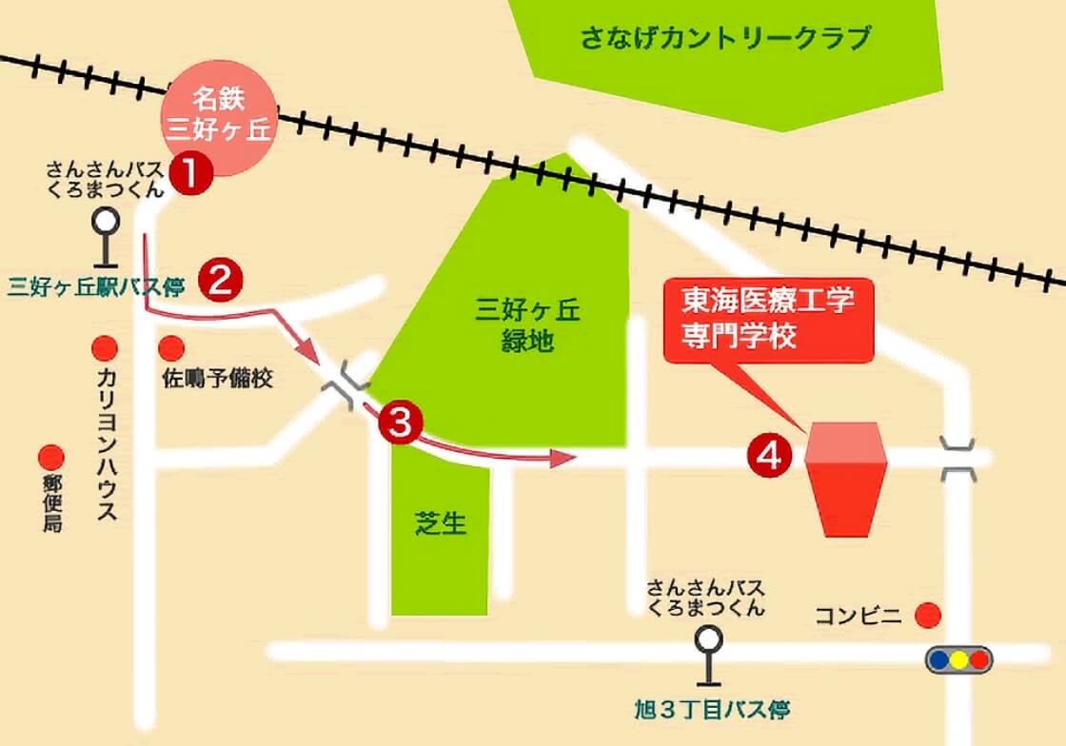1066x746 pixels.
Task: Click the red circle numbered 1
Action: pos(190,173)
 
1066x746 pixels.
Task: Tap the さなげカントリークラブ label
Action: pos(725,39)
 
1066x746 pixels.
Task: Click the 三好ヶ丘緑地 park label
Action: pos(527,325)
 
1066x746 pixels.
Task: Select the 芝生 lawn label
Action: pos(442,522)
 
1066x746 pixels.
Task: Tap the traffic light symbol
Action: pos(958,658)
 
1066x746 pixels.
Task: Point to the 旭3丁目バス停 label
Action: pos(712,710)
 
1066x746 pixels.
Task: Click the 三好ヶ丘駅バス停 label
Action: pos(98,283)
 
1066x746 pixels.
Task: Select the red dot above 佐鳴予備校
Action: pos(172,348)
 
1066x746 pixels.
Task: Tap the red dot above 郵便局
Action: pos(50,458)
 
